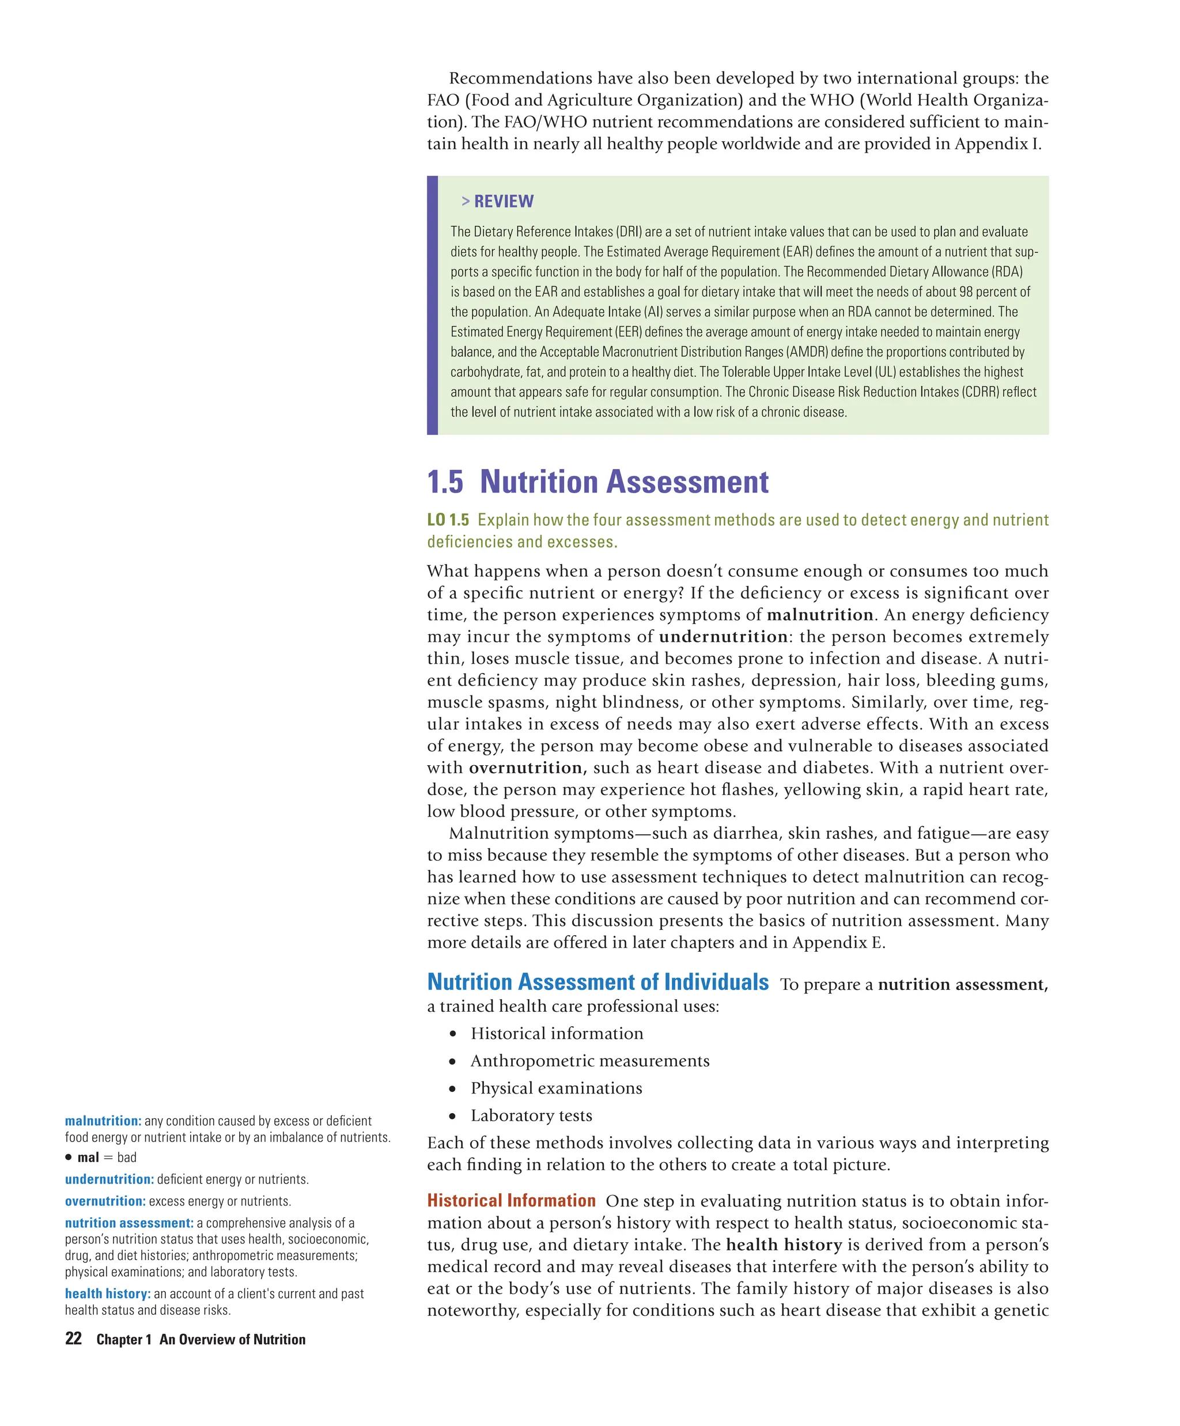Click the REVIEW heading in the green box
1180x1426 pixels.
point(503,201)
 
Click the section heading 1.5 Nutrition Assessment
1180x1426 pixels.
point(597,482)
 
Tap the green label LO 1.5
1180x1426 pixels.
point(448,520)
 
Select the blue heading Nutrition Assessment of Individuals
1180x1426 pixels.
point(597,982)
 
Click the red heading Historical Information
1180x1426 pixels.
point(510,1201)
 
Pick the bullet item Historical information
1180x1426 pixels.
point(557,1033)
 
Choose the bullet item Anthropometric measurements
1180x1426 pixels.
point(589,1061)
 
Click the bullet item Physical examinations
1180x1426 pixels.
point(556,1088)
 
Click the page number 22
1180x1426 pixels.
point(73,1338)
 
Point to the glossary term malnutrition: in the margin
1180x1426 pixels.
point(103,1121)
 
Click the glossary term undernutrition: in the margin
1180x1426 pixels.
point(109,1179)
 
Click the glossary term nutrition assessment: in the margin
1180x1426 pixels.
point(129,1223)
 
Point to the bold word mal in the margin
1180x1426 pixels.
point(88,1158)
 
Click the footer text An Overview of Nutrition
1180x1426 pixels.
point(232,1340)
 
